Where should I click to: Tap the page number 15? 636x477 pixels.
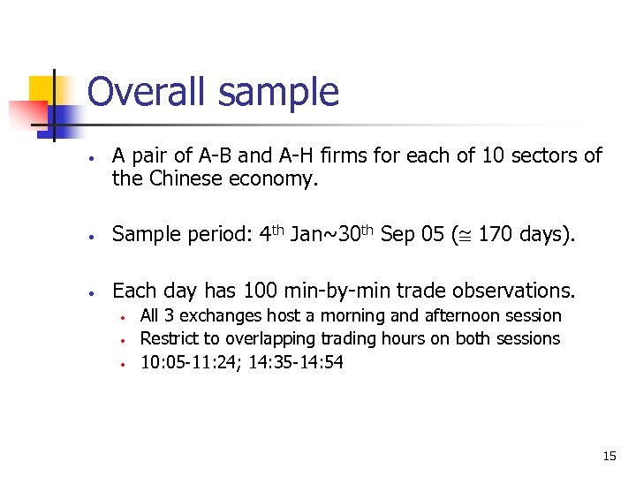point(609,456)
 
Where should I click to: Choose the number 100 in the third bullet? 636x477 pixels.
point(248,291)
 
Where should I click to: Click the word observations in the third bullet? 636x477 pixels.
point(512,291)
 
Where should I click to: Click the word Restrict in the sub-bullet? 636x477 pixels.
point(169,338)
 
